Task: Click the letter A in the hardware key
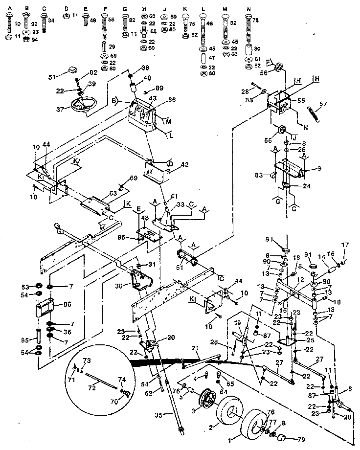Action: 9,9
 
